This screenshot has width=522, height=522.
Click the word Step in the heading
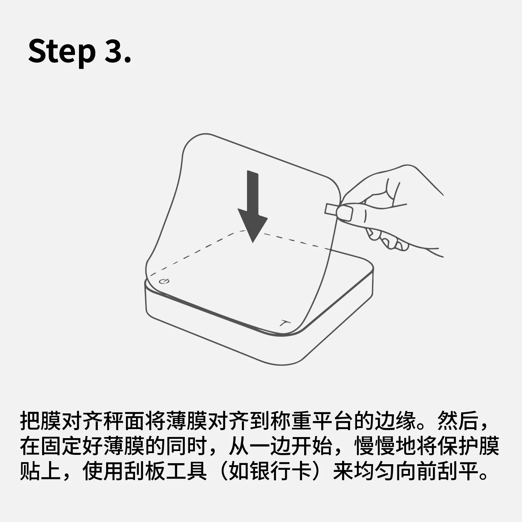click(62, 52)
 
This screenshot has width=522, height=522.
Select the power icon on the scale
click(164, 281)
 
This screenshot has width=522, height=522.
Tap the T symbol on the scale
click(285, 323)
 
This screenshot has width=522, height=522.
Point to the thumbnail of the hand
click(345, 213)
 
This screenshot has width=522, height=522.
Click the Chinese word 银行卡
click(280, 471)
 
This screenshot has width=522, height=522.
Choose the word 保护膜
click(468, 446)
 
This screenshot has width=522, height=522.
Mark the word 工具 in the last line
click(187, 471)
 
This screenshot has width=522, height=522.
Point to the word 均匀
click(374, 471)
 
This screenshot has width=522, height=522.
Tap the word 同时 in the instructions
click(187, 446)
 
